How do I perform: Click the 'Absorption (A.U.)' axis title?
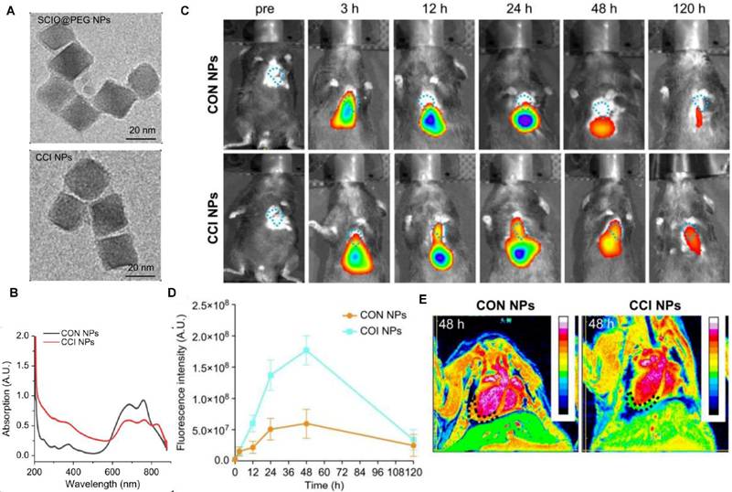(8, 384)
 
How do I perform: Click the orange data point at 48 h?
(306, 423)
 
